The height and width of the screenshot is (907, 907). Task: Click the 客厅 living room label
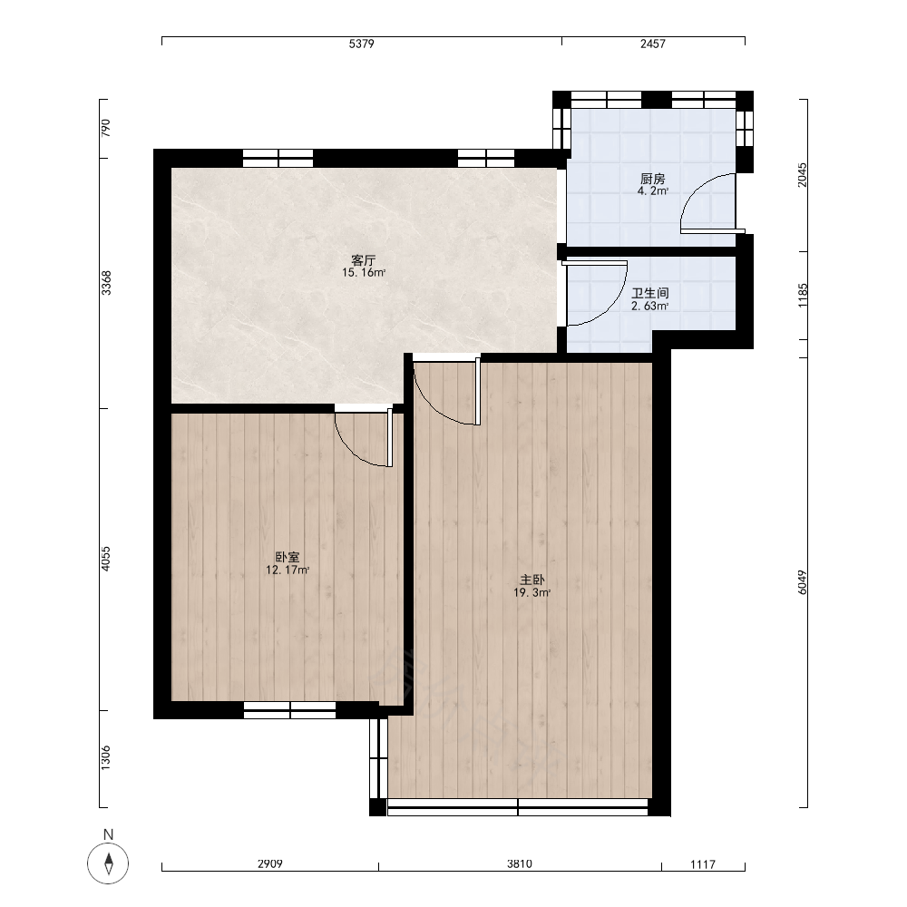[364, 259]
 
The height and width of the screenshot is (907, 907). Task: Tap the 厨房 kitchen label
[652, 179]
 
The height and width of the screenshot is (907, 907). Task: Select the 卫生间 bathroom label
[650, 293]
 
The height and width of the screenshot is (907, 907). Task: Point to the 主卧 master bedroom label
[532, 580]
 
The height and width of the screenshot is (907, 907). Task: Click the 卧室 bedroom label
[288, 558]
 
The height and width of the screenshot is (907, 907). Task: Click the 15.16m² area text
[364, 272]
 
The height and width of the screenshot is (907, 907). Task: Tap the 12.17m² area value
[288, 571]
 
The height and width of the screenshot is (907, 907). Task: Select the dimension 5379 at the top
[362, 44]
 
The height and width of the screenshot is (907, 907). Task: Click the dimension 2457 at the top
[652, 44]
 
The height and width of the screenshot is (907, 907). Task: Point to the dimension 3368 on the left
[106, 283]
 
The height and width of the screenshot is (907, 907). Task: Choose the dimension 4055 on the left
[105, 559]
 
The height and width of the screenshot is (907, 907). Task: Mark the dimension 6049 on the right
[802, 582]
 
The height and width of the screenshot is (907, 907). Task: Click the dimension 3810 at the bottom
[520, 864]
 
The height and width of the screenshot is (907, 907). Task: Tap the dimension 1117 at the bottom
[703, 864]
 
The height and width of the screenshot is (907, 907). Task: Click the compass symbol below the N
[108, 863]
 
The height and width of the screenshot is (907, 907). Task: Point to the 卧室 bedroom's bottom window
[290, 710]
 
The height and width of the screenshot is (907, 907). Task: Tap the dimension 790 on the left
[105, 128]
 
